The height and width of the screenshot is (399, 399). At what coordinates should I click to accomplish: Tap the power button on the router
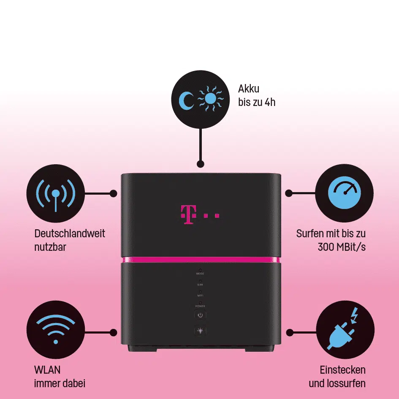(200, 315)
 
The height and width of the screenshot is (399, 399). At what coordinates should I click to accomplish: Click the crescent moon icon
(186, 100)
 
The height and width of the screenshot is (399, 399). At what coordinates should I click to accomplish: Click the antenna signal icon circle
(55, 193)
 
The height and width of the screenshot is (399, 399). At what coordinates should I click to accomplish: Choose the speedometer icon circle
(345, 193)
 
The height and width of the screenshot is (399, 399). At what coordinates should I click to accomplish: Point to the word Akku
(249, 89)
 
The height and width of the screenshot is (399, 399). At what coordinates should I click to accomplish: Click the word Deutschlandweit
(70, 233)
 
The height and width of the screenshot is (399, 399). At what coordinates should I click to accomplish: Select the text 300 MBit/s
(342, 247)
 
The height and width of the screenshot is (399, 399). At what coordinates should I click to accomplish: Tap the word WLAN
(47, 370)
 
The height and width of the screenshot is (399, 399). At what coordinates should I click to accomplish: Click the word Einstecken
(342, 370)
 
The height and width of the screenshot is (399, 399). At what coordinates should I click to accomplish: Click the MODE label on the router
(200, 274)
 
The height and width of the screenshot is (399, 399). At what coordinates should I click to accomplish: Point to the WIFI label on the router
(200, 295)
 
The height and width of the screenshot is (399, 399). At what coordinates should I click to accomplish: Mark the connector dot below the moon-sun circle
(201, 163)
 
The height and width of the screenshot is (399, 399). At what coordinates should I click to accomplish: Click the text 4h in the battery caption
(269, 102)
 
